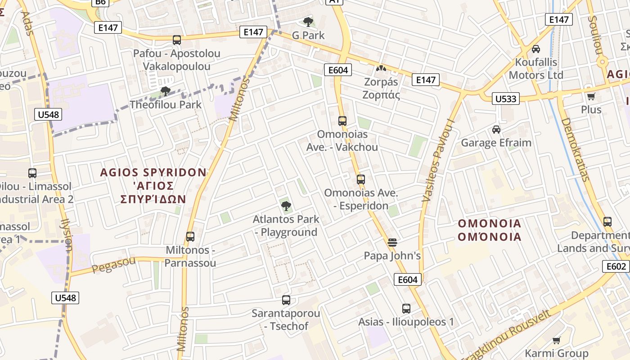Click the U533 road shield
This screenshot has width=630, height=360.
tap(506, 99)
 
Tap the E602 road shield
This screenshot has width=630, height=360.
tap(616, 266)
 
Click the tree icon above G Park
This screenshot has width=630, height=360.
tap(308, 22)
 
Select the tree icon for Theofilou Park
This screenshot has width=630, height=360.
tap(166, 91)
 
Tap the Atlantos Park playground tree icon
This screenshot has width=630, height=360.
tap(286, 206)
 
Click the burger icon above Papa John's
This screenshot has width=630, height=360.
tap(392, 243)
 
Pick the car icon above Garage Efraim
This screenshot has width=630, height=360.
tap(496, 130)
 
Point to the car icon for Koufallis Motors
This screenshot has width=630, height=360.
tap(536, 49)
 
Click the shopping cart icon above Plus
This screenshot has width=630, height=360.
tap(591, 96)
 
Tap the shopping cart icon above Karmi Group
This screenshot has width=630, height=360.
tap(557, 340)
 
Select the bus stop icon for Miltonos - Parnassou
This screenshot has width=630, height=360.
tap(190, 237)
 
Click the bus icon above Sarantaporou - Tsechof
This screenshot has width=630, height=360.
tap(286, 300)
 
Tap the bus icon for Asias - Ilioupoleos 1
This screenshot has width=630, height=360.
tap(406, 309)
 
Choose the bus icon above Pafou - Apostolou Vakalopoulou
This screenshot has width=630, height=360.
tap(177, 40)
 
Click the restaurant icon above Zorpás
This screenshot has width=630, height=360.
tap(381, 69)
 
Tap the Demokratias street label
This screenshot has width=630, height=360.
tap(576, 149)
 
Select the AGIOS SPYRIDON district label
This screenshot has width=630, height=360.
tap(153, 172)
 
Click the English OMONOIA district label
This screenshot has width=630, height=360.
tap(490, 224)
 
